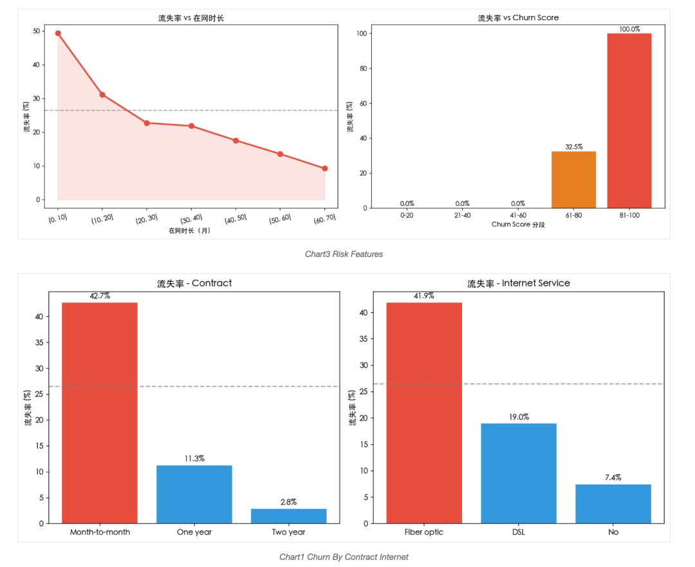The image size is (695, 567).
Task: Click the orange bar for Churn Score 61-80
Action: tap(573, 180)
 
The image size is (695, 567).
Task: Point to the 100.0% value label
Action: tap(629, 29)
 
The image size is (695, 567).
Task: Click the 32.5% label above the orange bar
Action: tap(573, 147)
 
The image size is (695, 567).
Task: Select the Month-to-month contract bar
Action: tap(100, 413)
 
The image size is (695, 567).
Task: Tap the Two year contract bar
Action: tap(288, 516)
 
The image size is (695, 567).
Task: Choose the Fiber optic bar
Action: tap(424, 413)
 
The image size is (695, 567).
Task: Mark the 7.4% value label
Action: tap(613, 478)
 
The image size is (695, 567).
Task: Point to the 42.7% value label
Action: tap(100, 296)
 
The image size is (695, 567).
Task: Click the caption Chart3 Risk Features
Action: tap(344, 254)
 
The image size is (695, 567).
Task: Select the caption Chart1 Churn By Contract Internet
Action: tap(344, 557)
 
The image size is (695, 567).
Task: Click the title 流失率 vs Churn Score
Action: tap(518, 18)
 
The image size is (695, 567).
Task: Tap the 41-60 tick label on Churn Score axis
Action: tap(518, 216)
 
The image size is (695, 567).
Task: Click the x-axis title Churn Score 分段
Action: tap(518, 225)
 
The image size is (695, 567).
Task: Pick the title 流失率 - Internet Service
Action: tap(518, 283)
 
